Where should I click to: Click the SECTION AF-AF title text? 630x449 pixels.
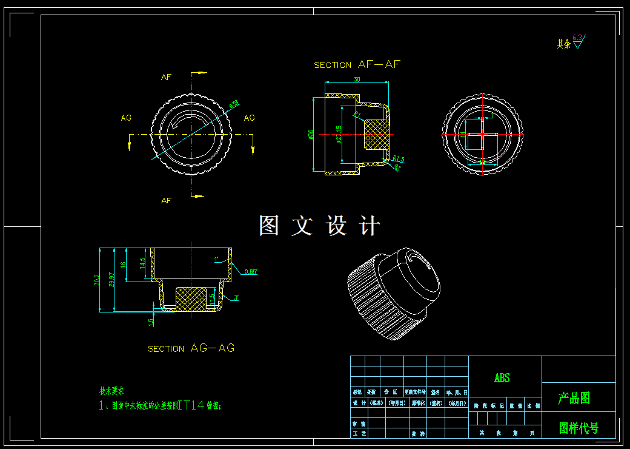[357, 64]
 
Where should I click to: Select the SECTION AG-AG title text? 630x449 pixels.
[191, 348]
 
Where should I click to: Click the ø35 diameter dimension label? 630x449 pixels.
[311, 134]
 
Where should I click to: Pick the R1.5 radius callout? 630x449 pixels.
[398, 159]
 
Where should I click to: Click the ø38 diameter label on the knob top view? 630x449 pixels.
[233, 104]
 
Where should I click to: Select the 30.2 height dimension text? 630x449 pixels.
[97, 280]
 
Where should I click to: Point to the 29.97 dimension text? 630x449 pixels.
[111, 280]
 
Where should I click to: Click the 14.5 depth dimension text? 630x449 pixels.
[142, 264]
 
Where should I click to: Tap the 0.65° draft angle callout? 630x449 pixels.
[251, 272]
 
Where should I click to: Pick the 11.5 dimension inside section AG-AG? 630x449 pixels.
[211, 299]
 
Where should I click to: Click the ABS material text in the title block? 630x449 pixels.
[502, 378]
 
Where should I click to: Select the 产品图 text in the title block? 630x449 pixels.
[574, 398]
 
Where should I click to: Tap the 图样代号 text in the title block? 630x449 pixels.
[579, 428]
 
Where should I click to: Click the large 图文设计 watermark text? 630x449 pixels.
[319, 226]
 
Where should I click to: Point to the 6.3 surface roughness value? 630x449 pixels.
[577, 38]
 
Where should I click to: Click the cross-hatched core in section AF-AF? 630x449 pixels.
[376, 134]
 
